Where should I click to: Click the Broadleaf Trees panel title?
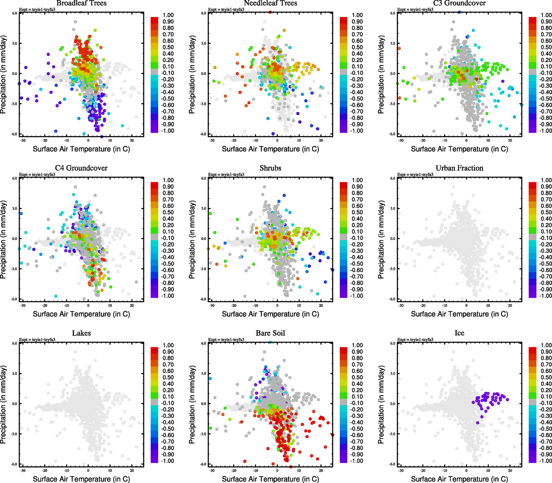point(81,3)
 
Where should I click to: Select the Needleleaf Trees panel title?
point(270,3)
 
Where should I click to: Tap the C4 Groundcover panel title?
point(81,168)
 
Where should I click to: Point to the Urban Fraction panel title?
point(459,168)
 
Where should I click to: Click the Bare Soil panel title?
point(270,333)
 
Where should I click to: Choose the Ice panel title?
point(459,333)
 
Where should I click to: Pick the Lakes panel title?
point(81,333)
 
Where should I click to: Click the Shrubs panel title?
point(270,168)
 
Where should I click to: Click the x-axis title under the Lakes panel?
point(81,479)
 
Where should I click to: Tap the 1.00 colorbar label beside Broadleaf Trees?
point(168,15)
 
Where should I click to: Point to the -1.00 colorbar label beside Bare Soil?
point(357,461)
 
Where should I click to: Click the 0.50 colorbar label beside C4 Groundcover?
point(168,213)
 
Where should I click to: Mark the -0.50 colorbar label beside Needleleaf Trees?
point(357,99)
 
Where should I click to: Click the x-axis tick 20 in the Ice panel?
point(510,471)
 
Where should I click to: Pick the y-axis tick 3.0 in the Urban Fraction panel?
point(393,208)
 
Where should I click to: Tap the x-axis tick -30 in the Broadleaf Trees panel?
point(23,140)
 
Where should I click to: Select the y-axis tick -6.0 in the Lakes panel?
point(14,464)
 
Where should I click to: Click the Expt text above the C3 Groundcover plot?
point(415,10)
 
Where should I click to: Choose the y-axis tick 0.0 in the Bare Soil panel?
point(204,404)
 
